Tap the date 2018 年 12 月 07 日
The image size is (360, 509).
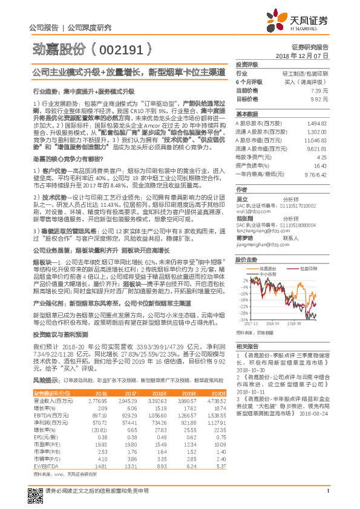[x=301, y=55]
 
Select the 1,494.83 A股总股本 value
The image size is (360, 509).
[x=316, y=123]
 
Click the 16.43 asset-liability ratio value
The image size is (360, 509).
[x=320, y=165]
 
